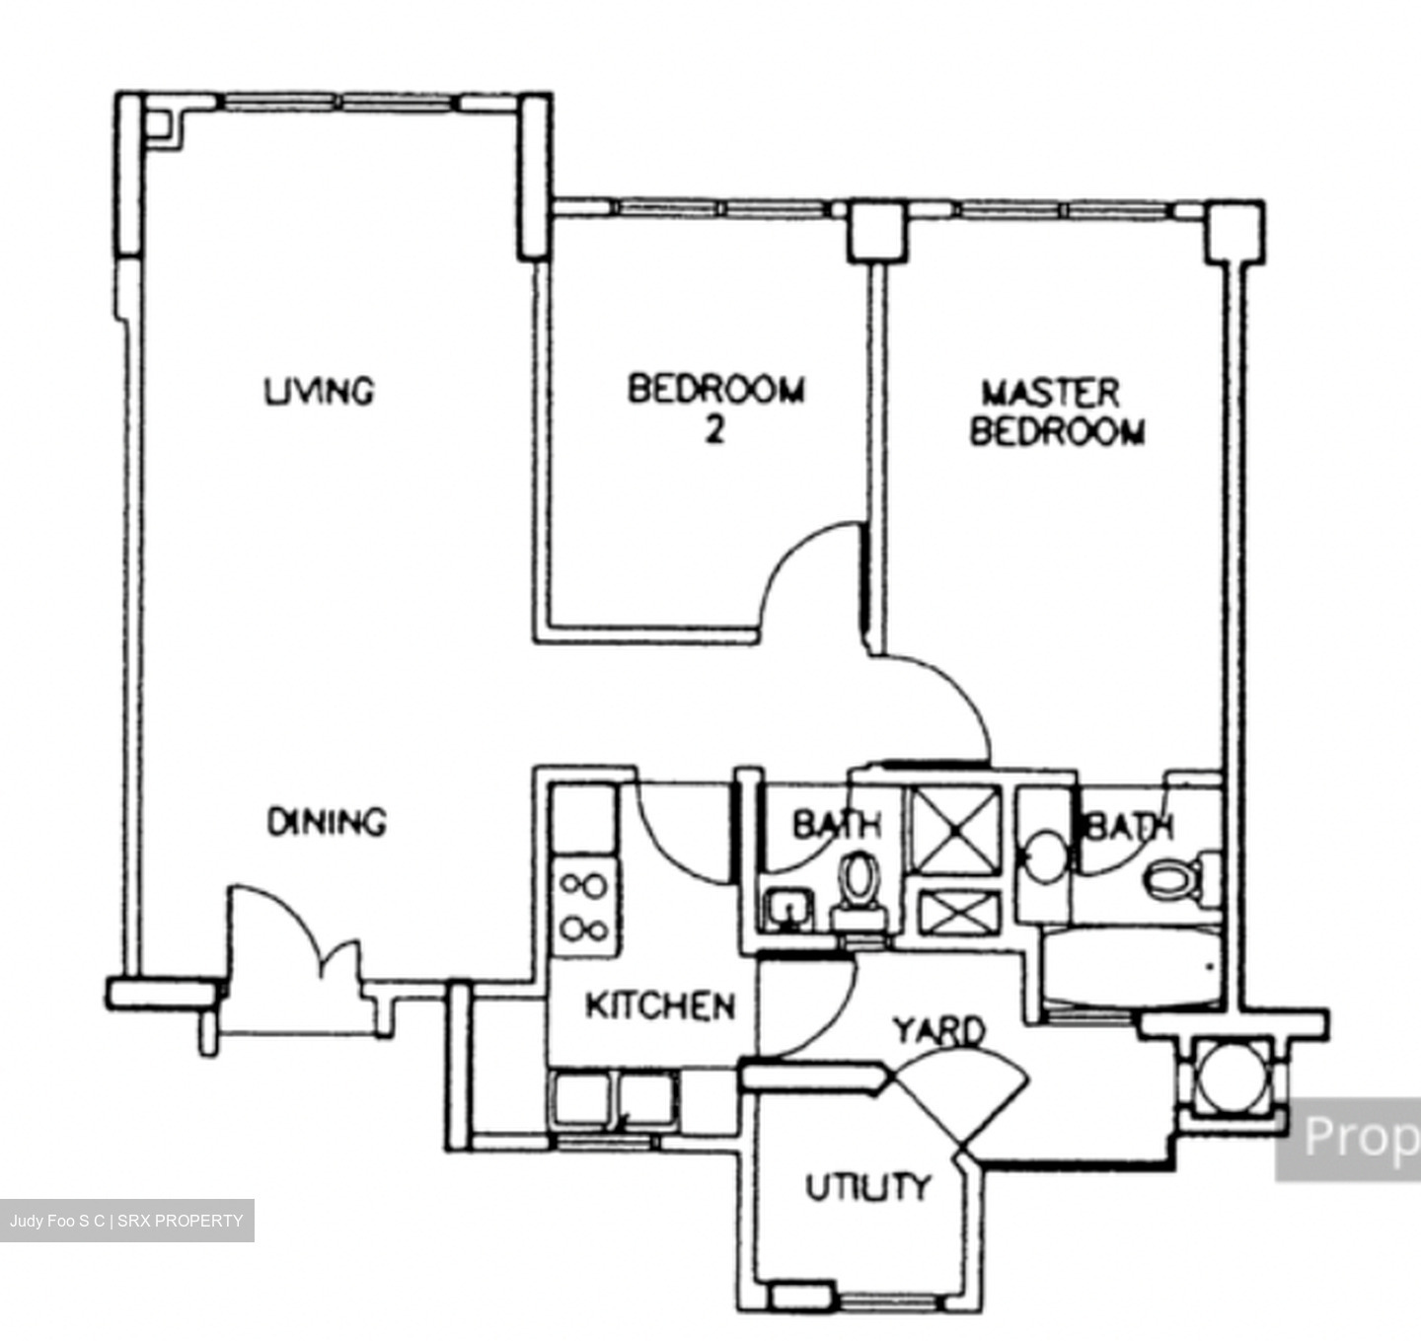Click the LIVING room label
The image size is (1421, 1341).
coord(319,391)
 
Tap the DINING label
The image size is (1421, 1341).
coord(327,822)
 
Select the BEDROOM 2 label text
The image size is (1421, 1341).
coord(716,407)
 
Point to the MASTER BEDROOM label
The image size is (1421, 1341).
coord(1056,412)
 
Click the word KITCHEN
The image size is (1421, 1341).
coord(660,1006)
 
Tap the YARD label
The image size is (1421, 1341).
coord(938,1030)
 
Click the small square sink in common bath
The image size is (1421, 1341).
coord(787,910)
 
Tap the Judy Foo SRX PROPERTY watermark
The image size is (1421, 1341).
coord(126,1221)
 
